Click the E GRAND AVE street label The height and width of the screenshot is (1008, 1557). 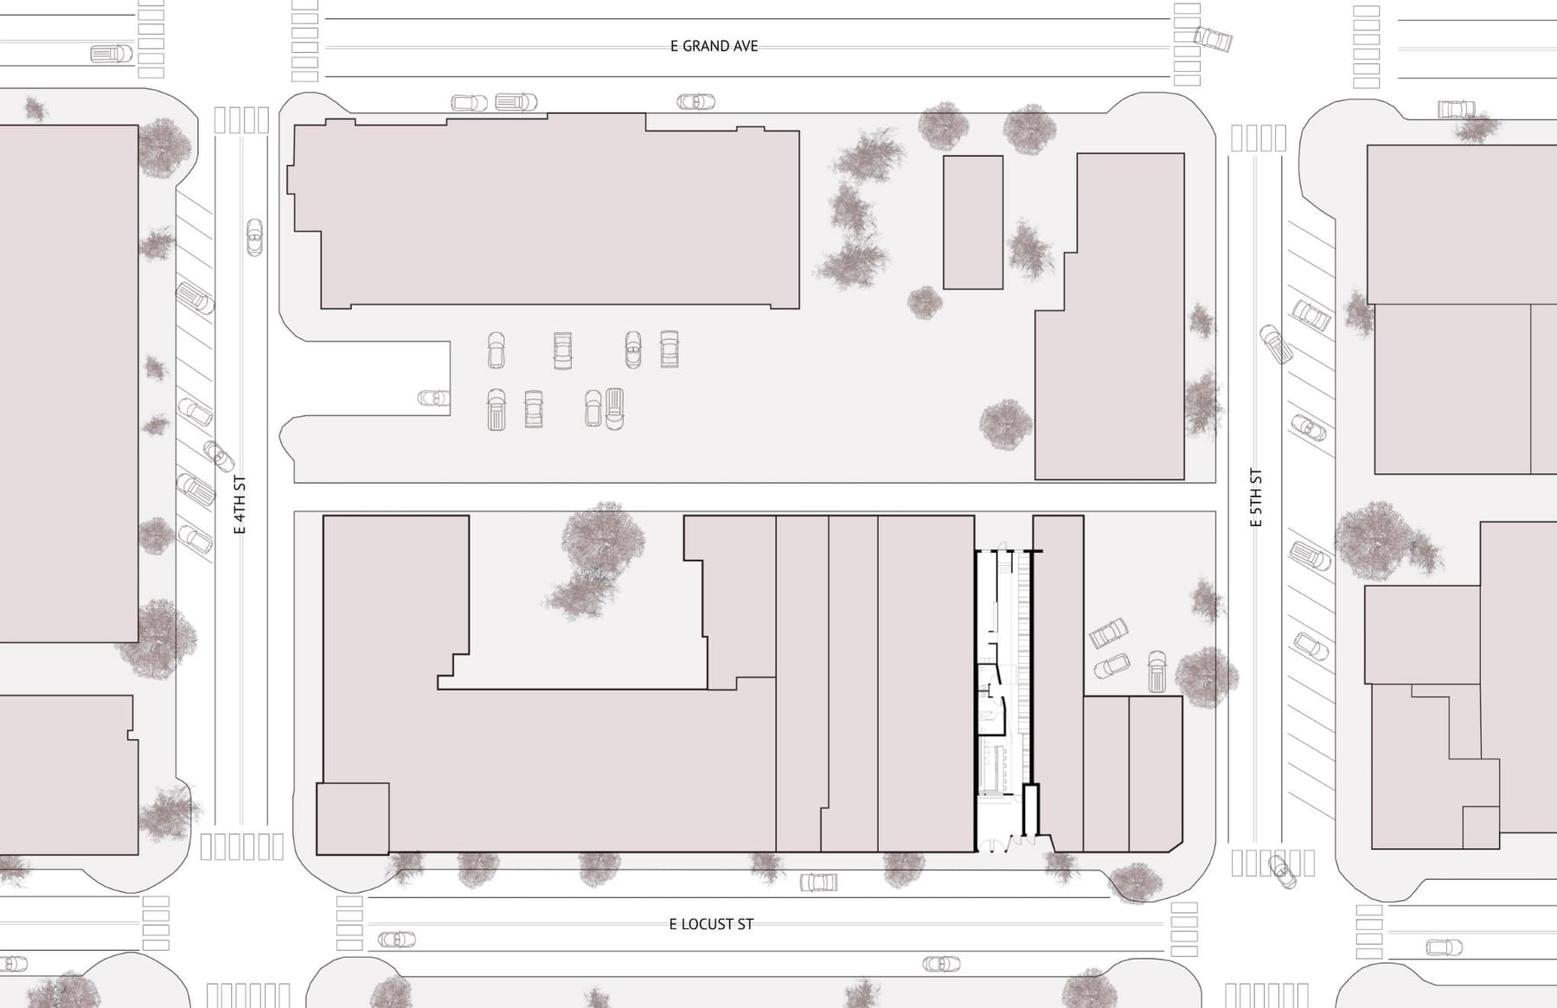(714, 46)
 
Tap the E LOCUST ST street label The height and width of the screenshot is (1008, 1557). (711, 924)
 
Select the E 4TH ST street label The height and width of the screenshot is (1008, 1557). (240, 504)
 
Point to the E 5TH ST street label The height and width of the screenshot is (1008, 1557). (1256, 498)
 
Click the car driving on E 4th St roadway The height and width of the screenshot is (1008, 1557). (254, 237)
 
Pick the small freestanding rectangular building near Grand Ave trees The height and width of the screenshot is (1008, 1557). (973, 222)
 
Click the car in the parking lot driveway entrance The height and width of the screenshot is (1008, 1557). (433, 398)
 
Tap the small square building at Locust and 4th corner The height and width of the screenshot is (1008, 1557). (352, 819)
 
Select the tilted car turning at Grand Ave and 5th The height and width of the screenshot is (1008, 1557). (1213, 39)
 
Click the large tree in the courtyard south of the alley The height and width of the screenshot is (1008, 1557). (598, 558)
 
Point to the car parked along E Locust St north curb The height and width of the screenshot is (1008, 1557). (818, 883)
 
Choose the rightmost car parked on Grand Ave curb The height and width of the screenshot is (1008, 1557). (695, 102)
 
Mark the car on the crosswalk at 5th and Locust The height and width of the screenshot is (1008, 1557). (1282, 870)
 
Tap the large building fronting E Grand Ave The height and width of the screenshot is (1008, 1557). (545, 212)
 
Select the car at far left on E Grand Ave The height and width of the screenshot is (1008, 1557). (112, 54)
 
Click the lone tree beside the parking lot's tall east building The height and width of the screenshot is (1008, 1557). (1006, 424)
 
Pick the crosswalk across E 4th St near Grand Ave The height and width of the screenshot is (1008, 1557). (240, 120)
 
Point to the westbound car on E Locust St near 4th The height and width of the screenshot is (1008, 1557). (396, 939)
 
